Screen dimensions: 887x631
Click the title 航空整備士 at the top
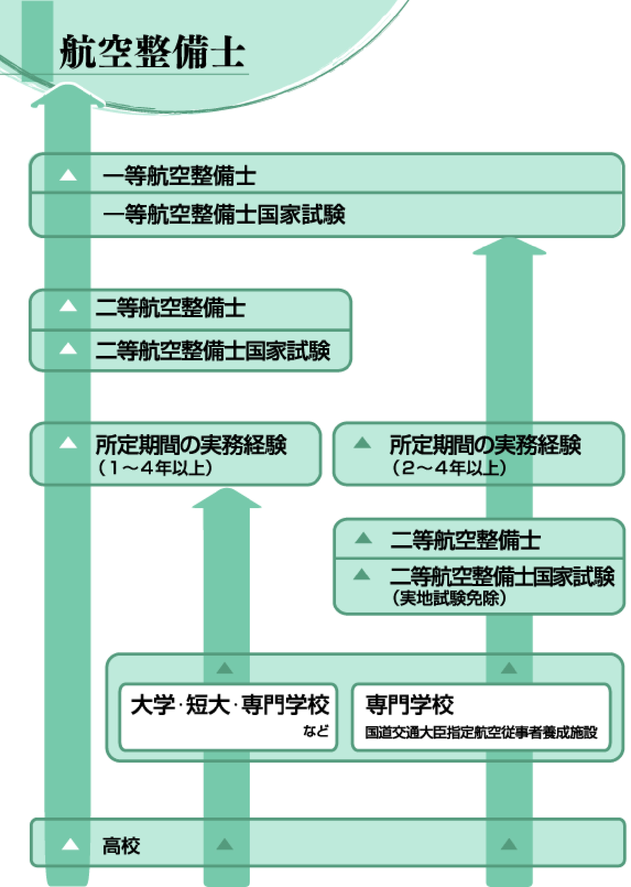(x=152, y=52)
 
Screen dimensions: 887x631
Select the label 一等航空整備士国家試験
(x=224, y=214)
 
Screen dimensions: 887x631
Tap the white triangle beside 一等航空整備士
(x=68, y=175)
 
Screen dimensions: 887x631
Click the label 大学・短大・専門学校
(x=230, y=705)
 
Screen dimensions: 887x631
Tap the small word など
(x=316, y=731)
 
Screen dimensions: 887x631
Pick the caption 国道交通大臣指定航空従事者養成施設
(x=481, y=732)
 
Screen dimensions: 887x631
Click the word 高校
(x=121, y=846)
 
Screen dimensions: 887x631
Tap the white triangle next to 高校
(x=70, y=845)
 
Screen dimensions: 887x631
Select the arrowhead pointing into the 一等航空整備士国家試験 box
(x=509, y=246)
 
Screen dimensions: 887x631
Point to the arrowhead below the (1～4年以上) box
(x=226, y=498)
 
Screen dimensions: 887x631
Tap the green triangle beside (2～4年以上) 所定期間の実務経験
(x=362, y=443)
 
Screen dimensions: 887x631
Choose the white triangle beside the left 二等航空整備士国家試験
(x=68, y=348)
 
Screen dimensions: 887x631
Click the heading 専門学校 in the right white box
(x=409, y=705)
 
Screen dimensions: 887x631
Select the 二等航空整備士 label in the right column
(x=465, y=540)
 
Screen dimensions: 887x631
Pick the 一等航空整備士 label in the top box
(x=179, y=176)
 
